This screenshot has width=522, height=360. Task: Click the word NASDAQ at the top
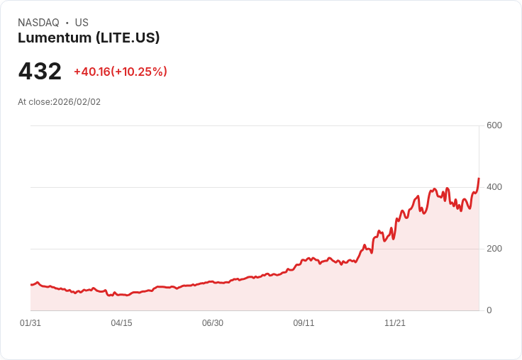(38, 23)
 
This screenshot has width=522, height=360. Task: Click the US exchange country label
(82, 23)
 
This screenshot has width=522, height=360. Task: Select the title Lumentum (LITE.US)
(89, 38)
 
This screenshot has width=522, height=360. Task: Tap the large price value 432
(40, 72)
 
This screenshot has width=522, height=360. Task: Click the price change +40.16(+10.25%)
(121, 72)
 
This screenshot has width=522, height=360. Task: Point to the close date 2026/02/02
(77, 102)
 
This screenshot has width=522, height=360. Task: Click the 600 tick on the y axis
(494, 125)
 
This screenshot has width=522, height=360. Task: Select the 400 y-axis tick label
(494, 187)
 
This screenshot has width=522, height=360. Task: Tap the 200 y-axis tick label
(494, 249)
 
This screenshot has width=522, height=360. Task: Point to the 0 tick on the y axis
(489, 310)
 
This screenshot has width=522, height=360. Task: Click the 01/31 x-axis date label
(30, 323)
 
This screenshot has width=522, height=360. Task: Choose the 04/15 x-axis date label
(121, 323)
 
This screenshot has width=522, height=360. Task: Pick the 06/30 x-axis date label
(213, 323)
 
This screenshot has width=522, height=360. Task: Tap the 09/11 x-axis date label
(304, 323)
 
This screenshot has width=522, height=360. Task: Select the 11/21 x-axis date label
(395, 323)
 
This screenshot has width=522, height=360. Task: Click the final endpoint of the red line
(479, 179)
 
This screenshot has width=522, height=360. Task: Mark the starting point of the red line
(30, 284)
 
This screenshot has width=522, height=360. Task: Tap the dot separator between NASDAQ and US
(67, 23)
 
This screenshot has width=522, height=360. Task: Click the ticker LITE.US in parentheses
(130, 38)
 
